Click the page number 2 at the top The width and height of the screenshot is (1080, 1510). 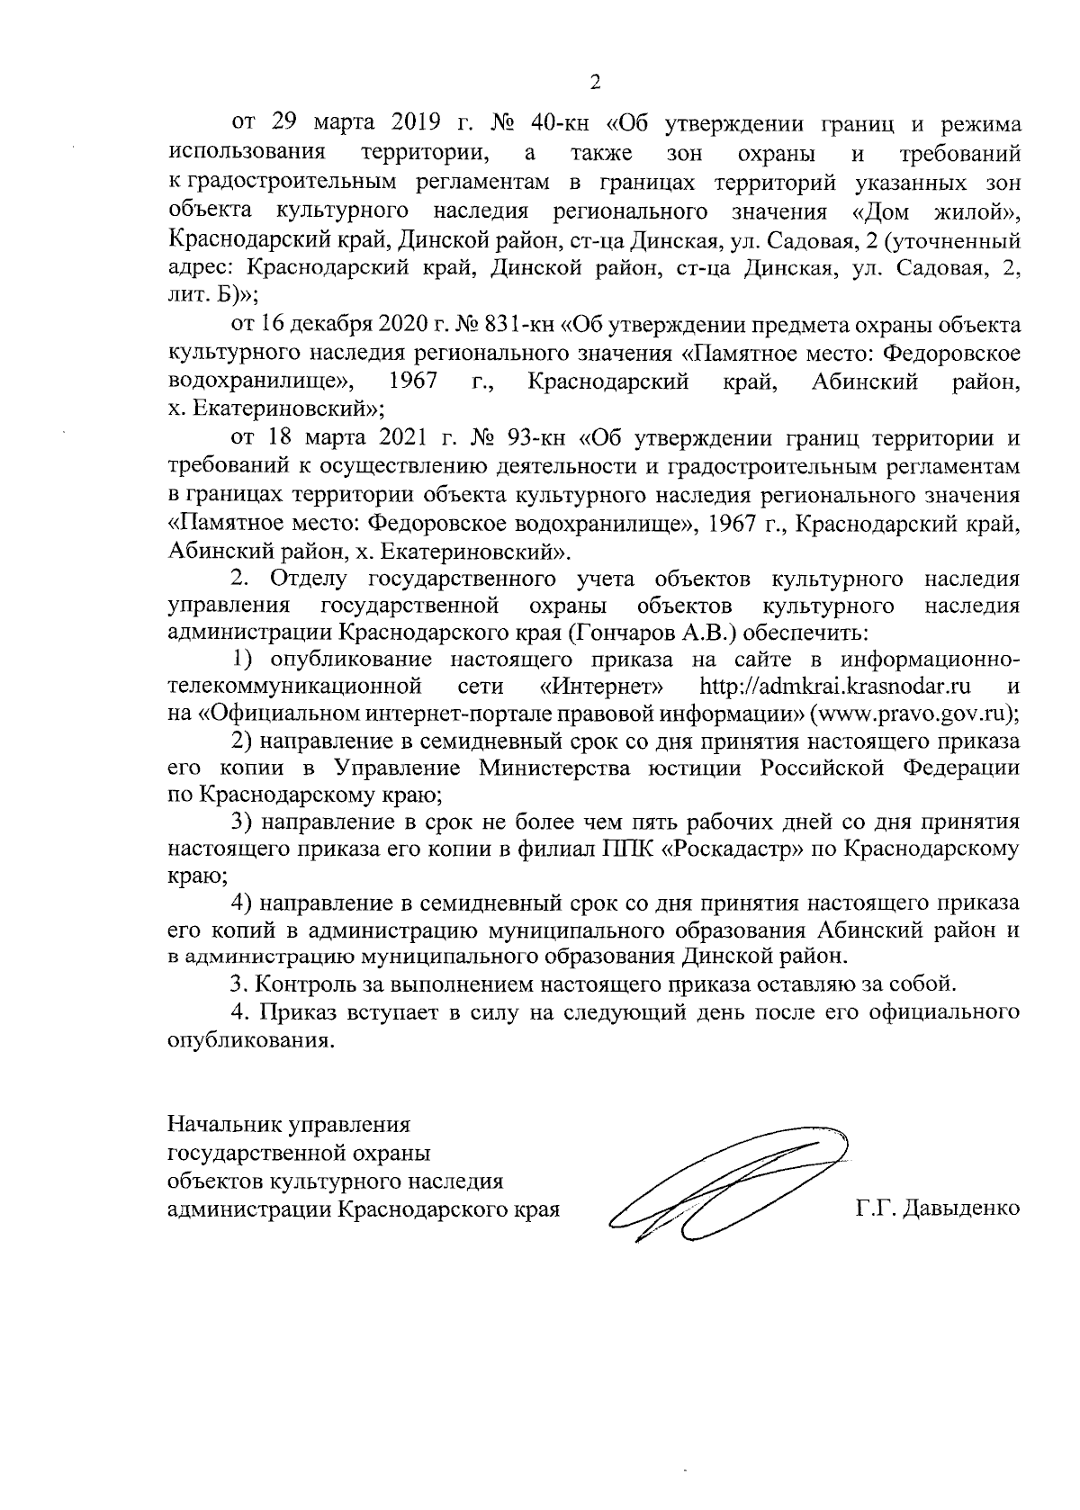coord(594,83)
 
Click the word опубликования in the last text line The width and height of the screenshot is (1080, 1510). coord(245,1041)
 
